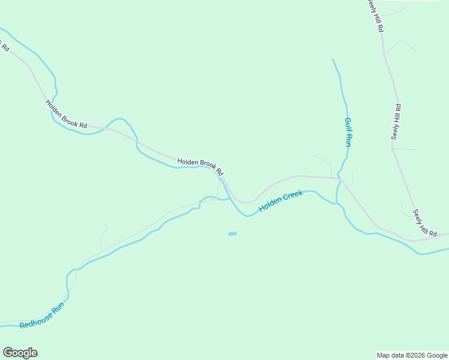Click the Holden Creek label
[281, 202]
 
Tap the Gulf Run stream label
[348, 132]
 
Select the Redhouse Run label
[41, 317]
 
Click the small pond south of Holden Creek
[232, 233]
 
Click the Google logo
[20, 353]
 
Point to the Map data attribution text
[412, 355]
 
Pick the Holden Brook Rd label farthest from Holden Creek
[66, 113]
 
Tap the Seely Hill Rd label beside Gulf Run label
[396, 122]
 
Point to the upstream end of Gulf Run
[333, 59]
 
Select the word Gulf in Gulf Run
[347, 124]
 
